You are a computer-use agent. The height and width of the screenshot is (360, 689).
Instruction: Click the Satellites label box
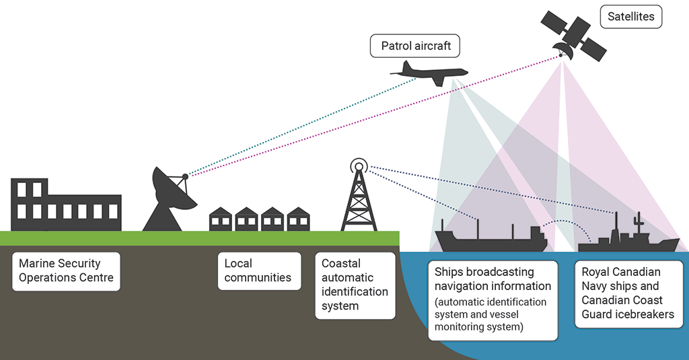click(x=630, y=16)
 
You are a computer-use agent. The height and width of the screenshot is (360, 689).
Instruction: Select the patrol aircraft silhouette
click(x=431, y=72)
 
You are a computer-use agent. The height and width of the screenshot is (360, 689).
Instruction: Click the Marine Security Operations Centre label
click(x=66, y=271)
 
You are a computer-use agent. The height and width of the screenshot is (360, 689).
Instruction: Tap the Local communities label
click(x=258, y=271)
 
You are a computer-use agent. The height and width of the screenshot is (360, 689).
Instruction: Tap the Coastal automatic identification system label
click(x=355, y=285)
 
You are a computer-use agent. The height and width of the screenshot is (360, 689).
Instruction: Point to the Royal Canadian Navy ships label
click(x=627, y=293)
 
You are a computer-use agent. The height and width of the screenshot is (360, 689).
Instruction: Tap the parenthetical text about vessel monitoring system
click(x=490, y=314)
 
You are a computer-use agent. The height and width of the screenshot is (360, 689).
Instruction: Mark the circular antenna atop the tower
click(x=359, y=166)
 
